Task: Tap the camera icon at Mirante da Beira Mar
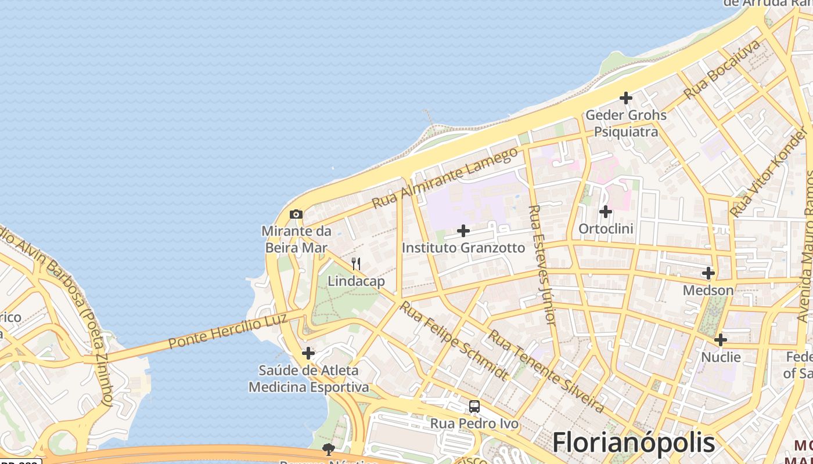[296, 215]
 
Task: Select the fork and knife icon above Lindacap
[356, 264]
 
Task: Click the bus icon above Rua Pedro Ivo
[474, 407]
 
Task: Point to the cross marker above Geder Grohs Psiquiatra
[625, 98]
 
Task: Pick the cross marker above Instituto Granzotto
[463, 231]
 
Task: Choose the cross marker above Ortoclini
[606, 212]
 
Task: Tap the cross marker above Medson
[708, 273]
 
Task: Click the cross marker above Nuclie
[721, 340]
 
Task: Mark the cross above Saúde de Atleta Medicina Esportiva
[308, 353]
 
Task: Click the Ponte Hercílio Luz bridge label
[228, 331]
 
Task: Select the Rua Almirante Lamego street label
[444, 178]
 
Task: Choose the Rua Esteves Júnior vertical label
[543, 264]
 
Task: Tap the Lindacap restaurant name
[356, 281]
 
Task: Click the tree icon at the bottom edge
[329, 449]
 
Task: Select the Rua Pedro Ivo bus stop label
[474, 424]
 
